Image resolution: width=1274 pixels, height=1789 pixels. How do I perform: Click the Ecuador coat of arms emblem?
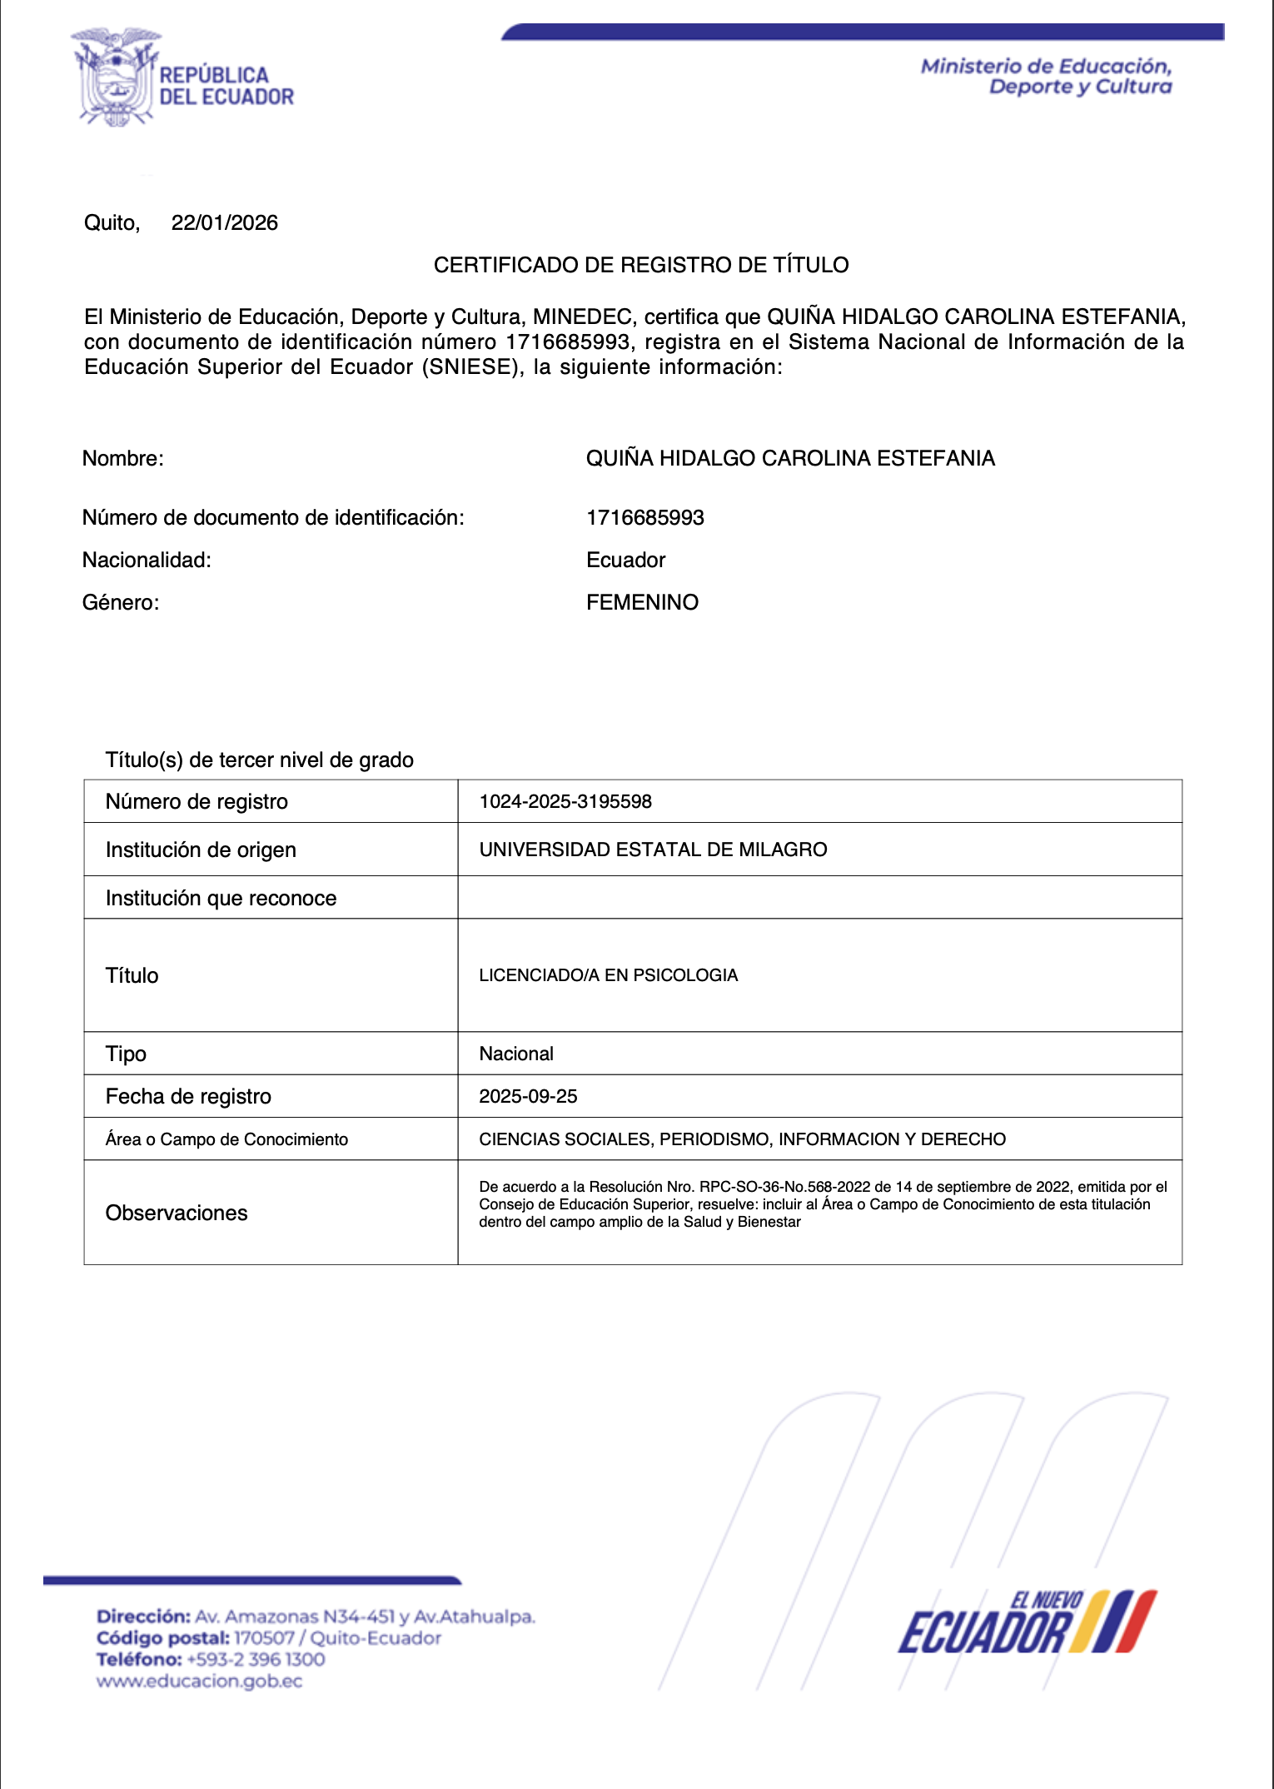pos(116,77)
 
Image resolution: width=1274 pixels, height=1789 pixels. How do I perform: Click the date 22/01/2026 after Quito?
pos(224,222)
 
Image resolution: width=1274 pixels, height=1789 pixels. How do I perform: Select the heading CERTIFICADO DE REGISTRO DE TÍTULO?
pos(640,265)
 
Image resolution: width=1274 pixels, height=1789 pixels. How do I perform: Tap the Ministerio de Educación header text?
pos(1046,77)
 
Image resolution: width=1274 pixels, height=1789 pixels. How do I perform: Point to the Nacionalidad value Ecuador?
pos(625,560)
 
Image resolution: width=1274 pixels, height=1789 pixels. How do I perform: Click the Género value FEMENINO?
pos(642,602)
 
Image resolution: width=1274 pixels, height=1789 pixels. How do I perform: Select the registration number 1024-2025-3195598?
pos(565,801)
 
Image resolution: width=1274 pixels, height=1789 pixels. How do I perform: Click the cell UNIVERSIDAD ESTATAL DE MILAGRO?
pos(653,850)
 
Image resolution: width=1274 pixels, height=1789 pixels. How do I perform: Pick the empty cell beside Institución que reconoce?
pos(819,898)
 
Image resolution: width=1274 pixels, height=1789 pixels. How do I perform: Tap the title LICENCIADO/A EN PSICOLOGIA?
pos(608,975)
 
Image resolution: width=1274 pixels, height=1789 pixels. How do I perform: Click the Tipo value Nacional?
pos(516,1054)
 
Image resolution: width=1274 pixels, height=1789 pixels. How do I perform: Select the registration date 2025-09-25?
pos(528,1096)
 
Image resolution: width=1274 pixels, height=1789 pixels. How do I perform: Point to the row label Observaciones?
pos(177,1213)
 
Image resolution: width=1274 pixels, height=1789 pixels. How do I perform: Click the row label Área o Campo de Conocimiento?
pos(226,1139)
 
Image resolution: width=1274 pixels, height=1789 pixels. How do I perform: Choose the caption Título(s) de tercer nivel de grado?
pos(259,760)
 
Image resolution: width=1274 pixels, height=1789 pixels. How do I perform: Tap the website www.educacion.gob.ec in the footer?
pos(199,1681)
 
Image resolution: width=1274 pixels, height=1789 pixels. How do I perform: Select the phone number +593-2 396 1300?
pos(256,1659)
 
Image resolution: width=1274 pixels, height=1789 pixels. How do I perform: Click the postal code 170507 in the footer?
pos(264,1637)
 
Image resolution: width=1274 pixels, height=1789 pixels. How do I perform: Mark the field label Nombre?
pos(122,458)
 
